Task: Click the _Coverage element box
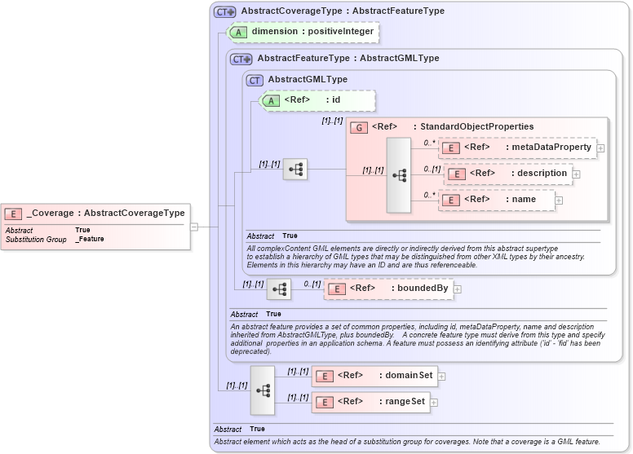point(96,214)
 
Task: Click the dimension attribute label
point(312,32)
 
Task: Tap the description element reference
point(507,174)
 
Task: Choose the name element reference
point(497,200)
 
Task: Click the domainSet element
point(375,376)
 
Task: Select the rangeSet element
point(370,402)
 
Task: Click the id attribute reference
point(317,100)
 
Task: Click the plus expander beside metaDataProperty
point(600,148)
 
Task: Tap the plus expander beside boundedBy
point(458,289)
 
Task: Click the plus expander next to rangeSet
point(434,402)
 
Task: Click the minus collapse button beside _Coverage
point(194,227)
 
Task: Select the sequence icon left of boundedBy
point(279,289)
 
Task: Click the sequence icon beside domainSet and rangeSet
point(263,390)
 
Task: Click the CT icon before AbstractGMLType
point(255,80)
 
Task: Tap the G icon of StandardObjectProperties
point(358,126)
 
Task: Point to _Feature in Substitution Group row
point(90,240)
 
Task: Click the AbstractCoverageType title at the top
point(343,11)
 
